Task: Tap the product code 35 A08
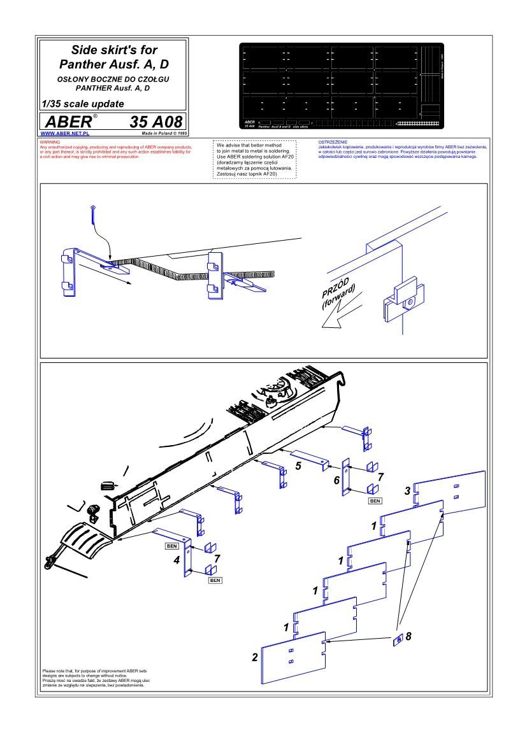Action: click(156, 122)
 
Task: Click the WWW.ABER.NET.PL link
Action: click(64, 134)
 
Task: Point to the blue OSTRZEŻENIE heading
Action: click(332, 142)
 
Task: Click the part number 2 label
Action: click(255, 657)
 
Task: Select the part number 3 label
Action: click(407, 490)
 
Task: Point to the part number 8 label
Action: click(409, 635)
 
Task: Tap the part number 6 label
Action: click(336, 480)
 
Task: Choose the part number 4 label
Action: click(176, 561)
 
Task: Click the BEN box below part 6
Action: click(375, 501)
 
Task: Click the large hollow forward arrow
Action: click(338, 316)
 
